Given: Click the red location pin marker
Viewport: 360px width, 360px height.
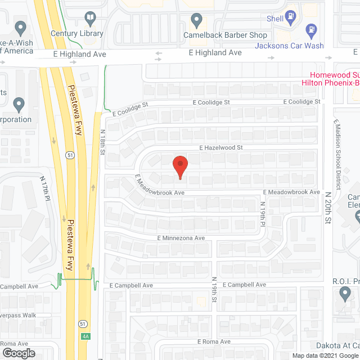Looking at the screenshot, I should pyautogui.click(x=180, y=167).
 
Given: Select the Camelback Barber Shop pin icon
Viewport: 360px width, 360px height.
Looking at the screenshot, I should pyautogui.click(x=196, y=21).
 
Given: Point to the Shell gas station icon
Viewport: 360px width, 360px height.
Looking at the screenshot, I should pyautogui.click(x=291, y=16).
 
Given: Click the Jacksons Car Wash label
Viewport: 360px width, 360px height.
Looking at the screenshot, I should pyautogui.click(x=290, y=46).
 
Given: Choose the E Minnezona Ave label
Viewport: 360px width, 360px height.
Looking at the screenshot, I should pyautogui.click(x=181, y=238).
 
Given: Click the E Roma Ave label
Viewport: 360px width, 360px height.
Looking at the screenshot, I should pyautogui.click(x=214, y=341).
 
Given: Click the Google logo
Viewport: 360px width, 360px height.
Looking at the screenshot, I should pyautogui.click(x=18, y=353).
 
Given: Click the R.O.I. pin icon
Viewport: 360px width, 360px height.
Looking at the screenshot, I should pyautogui.click(x=345, y=292).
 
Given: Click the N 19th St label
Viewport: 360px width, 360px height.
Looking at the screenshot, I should pyautogui.click(x=214, y=288).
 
